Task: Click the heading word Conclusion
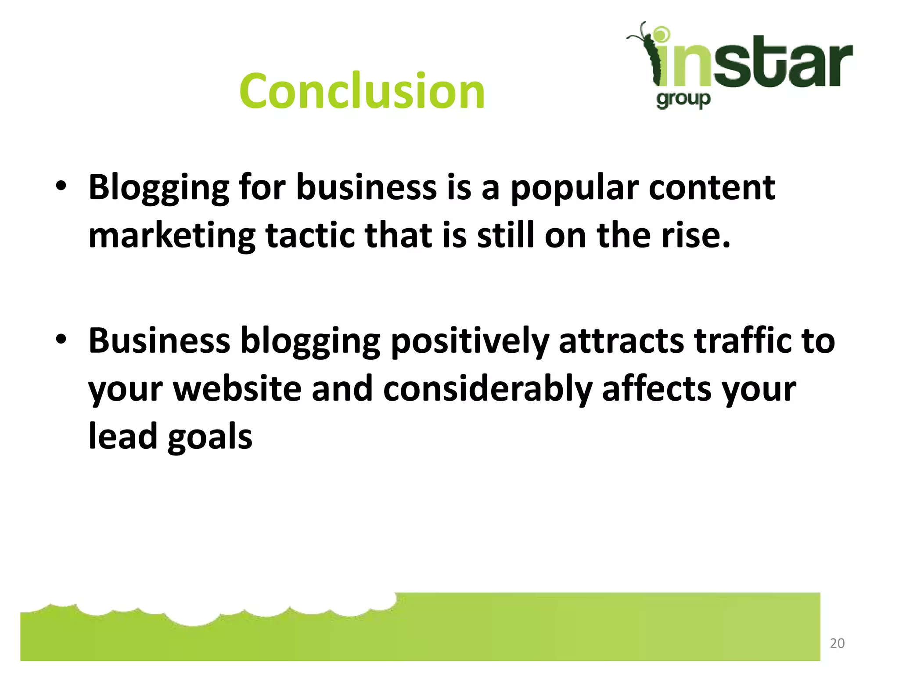tap(362, 91)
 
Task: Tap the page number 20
tap(837, 643)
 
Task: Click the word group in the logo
tap(683, 100)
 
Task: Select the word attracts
tap(621, 341)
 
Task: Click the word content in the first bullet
tap(712, 188)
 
